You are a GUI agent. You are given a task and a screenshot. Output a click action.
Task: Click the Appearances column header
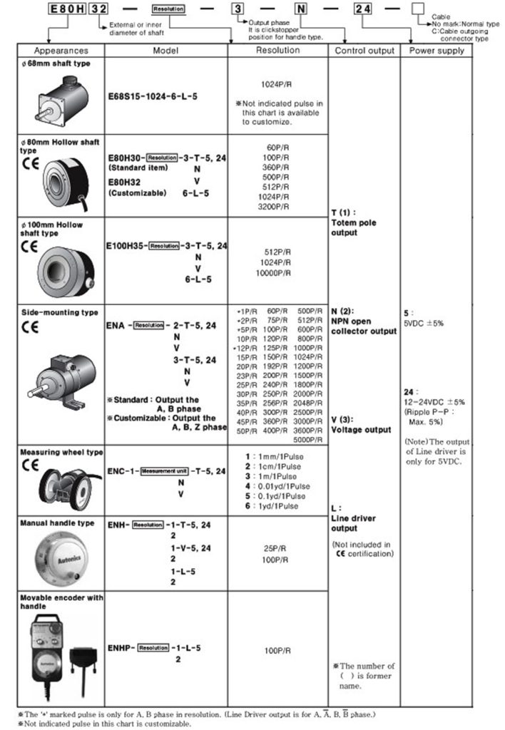[61, 51]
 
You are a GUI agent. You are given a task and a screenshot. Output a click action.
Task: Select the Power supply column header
[436, 51]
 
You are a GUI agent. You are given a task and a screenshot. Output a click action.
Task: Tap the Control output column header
[364, 51]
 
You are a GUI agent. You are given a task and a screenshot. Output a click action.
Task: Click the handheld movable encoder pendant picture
[61, 659]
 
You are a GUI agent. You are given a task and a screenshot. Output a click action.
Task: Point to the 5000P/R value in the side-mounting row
[309, 439]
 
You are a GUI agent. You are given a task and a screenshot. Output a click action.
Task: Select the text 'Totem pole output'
[354, 227]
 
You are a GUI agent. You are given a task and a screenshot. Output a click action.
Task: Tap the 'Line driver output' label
[354, 523]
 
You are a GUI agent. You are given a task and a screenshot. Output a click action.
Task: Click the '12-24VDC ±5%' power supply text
[434, 401]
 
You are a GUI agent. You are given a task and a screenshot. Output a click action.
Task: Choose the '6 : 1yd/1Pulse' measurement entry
[275, 505]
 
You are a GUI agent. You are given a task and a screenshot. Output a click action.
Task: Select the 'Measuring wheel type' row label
[61, 452]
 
